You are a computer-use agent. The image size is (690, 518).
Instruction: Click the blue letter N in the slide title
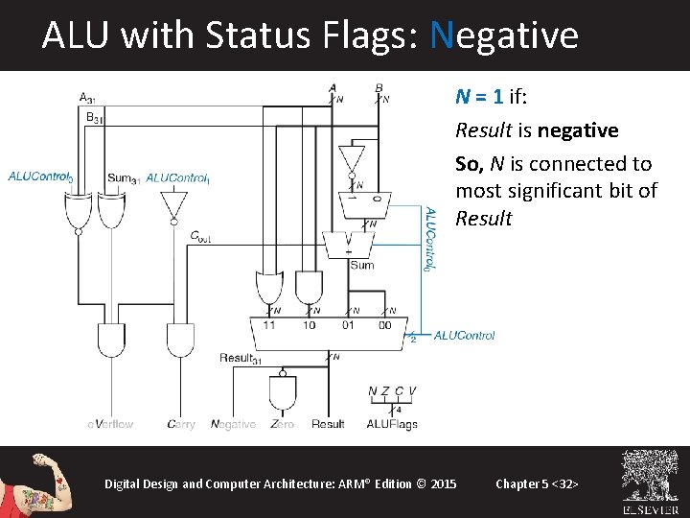pos(441,35)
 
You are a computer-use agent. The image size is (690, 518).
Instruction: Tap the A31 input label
pos(87,97)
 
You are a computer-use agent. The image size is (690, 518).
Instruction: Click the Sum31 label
pos(124,177)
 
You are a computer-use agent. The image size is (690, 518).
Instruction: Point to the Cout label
pos(202,235)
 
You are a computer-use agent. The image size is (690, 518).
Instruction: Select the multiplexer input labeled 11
pos(268,325)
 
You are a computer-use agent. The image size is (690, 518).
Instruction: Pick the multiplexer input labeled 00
pos(384,325)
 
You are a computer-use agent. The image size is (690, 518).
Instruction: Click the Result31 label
pos(241,358)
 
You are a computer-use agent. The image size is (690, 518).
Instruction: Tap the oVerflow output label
pos(110,424)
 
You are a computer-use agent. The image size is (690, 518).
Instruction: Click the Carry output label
pos(180,424)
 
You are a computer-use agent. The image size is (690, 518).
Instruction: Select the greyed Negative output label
pos(233,424)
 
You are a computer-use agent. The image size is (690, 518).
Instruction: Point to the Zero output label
pos(282,424)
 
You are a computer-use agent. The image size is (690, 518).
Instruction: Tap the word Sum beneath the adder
pos(361,265)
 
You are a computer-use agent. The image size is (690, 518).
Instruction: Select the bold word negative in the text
pos(578,130)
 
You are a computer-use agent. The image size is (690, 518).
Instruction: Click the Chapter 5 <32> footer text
pos(537,483)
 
